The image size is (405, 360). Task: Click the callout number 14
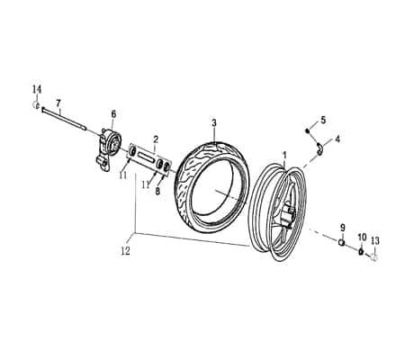pyautogui.click(x=37, y=89)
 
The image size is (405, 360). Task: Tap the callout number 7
pyautogui.click(x=58, y=103)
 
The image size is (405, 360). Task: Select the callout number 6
pyautogui.click(x=113, y=114)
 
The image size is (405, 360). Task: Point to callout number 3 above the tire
pyautogui.click(x=214, y=122)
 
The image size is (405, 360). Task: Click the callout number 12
pyautogui.click(x=126, y=251)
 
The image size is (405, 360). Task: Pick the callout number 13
pyautogui.click(x=375, y=240)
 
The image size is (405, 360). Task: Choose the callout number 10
pyautogui.click(x=362, y=237)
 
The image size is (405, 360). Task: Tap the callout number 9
pyautogui.click(x=343, y=228)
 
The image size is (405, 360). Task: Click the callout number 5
pyautogui.click(x=323, y=121)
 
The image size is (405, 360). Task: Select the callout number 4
pyautogui.click(x=337, y=139)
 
